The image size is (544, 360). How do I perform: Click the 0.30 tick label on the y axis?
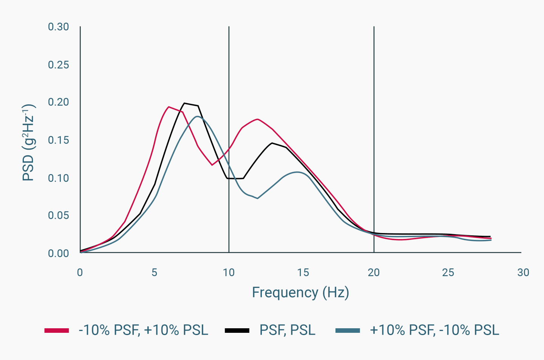tap(58, 27)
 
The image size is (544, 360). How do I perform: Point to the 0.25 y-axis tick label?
tap(58, 65)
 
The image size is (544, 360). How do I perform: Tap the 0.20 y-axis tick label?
tap(58, 102)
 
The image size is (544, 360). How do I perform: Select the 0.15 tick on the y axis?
tap(58, 140)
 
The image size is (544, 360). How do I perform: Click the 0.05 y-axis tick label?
tap(58, 215)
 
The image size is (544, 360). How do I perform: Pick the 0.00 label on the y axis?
tap(58, 253)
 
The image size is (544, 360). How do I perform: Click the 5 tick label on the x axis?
tap(154, 272)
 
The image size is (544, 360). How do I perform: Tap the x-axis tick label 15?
tap(303, 272)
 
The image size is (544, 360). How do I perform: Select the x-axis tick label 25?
tap(448, 272)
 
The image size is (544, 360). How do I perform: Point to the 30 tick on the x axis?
tap(523, 272)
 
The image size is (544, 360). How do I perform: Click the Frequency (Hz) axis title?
tap(300, 293)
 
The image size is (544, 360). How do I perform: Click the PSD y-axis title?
tap(29, 142)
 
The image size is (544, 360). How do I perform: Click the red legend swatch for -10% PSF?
tap(57, 331)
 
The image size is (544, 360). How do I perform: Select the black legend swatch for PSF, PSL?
tap(237, 331)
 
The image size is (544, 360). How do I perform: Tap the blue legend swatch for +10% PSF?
tap(348, 331)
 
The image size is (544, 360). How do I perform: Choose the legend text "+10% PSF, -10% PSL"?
tap(434, 330)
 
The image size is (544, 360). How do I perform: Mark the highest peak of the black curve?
tap(184, 103)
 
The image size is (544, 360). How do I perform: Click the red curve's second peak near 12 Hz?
tap(257, 119)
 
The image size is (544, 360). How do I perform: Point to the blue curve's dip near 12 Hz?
tap(257, 198)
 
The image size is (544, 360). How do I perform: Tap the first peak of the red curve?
tap(168, 107)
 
